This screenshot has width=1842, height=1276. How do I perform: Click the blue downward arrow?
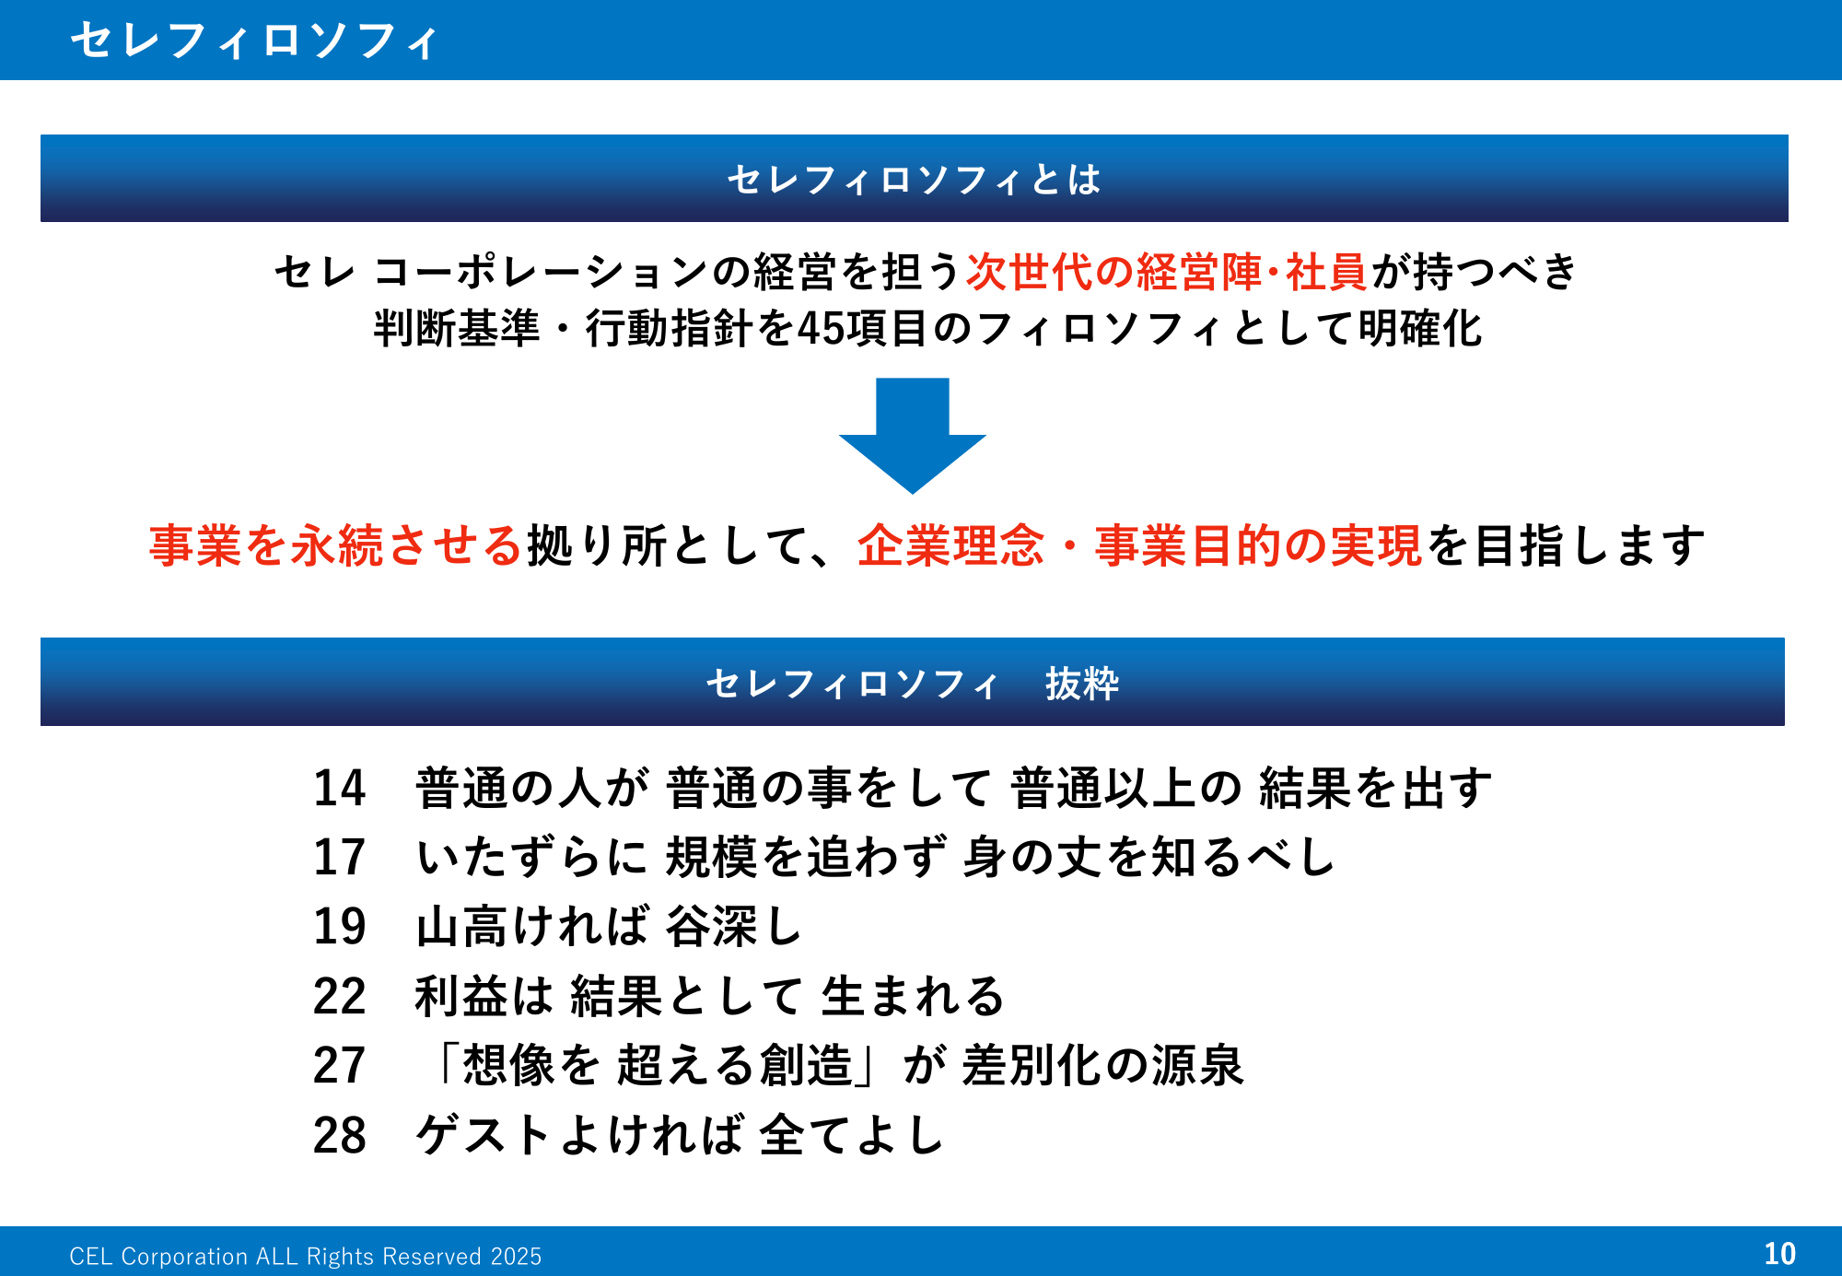coord(912,433)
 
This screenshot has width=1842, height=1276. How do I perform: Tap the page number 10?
coord(1779,1253)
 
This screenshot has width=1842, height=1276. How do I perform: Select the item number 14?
coord(339,789)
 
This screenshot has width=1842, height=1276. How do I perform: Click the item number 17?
coord(339,858)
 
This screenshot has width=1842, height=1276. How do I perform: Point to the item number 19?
coord(339,927)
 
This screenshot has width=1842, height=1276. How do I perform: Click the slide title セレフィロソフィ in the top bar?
coord(255,41)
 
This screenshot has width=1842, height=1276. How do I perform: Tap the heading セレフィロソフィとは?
coord(914,180)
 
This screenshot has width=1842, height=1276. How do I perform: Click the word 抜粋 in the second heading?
coord(1081,684)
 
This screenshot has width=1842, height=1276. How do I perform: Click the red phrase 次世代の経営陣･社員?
coord(1166,272)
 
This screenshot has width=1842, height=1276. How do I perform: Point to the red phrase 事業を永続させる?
coord(336,545)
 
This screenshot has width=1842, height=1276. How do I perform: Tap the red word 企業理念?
coord(950,545)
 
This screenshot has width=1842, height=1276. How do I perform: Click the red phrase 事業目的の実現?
coord(1258,545)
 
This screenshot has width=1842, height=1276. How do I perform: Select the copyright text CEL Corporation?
coord(305,1257)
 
